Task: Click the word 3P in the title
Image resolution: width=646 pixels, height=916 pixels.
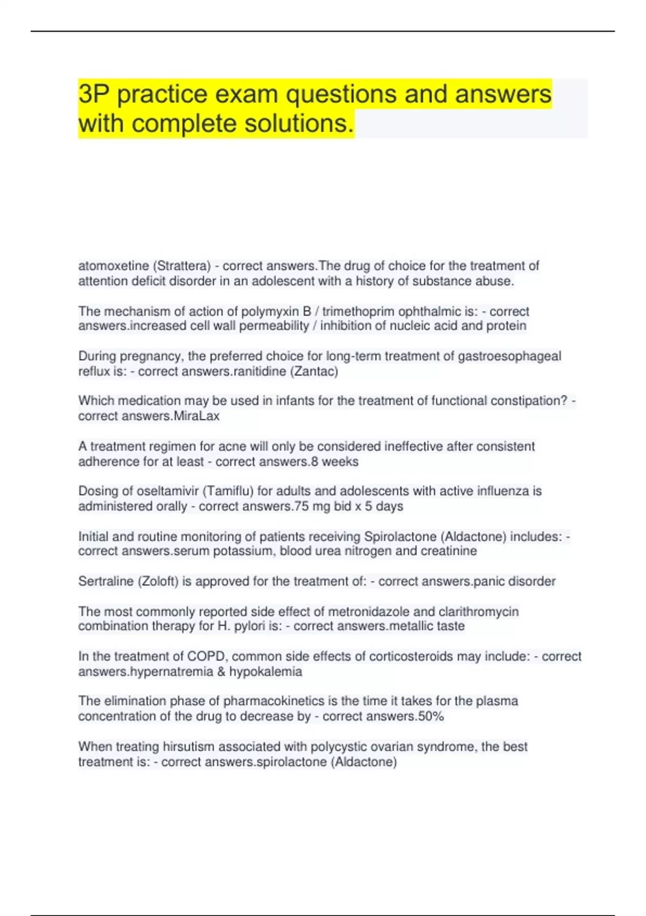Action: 94,95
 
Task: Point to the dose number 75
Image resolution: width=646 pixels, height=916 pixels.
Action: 301,506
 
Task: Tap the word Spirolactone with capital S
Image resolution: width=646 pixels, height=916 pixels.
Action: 400,537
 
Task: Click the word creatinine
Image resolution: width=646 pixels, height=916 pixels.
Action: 450,551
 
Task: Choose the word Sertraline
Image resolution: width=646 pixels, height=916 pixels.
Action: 106,581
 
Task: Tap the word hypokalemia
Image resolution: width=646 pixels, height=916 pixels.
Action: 266,672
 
